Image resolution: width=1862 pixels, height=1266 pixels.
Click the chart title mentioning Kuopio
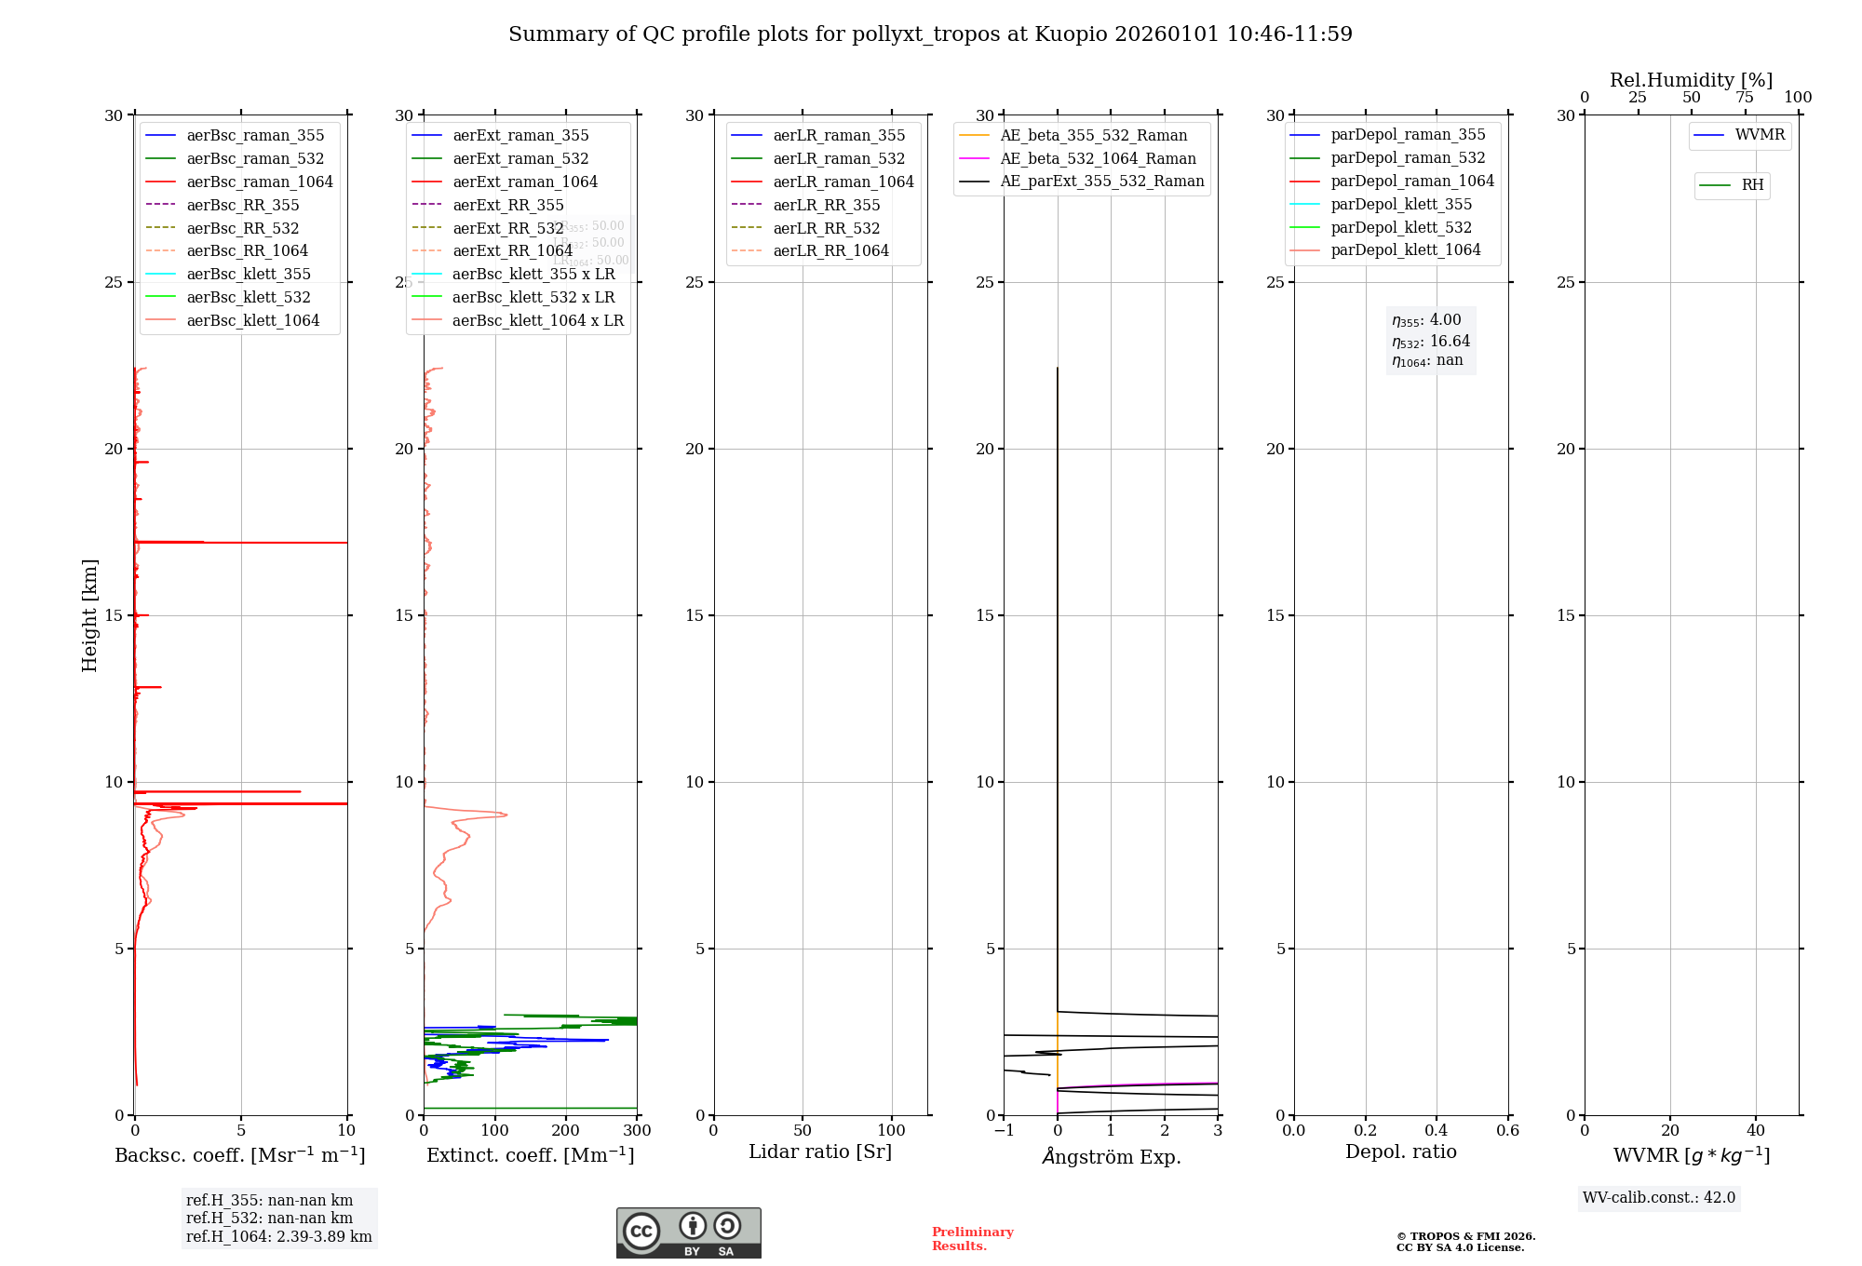coord(930,34)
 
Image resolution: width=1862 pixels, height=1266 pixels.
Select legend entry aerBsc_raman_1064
coord(259,182)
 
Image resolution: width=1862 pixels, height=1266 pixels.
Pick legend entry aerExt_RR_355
coord(507,205)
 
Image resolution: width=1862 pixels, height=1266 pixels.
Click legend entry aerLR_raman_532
coord(838,158)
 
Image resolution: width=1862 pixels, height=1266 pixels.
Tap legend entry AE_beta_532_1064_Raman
coord(1098,158)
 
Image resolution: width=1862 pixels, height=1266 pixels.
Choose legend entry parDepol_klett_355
coord(1401,204)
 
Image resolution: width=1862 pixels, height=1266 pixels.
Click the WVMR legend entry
coord(1759,135)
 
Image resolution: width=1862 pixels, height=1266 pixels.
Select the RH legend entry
coord(1752,185)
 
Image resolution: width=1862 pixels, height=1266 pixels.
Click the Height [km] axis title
coord(89,615)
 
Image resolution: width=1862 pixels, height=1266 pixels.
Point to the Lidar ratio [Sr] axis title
coord(820,1152)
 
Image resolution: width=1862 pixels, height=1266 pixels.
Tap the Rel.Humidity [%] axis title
coord(1691,80)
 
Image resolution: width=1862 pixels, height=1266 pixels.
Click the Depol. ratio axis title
coord(1400,1152)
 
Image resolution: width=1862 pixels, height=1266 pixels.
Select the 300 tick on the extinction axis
coord(637,1130)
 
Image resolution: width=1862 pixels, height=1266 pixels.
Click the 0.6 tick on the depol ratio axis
coord(1507,1130)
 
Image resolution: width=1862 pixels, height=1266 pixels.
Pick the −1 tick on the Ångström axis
coord(1004,1130)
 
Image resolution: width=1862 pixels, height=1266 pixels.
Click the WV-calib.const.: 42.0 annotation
coord(1658,1197)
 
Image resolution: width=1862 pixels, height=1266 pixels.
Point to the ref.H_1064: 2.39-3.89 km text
coord(278,1236)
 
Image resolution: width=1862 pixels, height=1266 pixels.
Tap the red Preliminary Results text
coord(972,1238)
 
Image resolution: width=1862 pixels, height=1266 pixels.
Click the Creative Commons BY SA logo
coord(688,1232)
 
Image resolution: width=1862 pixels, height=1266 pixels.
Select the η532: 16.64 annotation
coord(1431,342)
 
